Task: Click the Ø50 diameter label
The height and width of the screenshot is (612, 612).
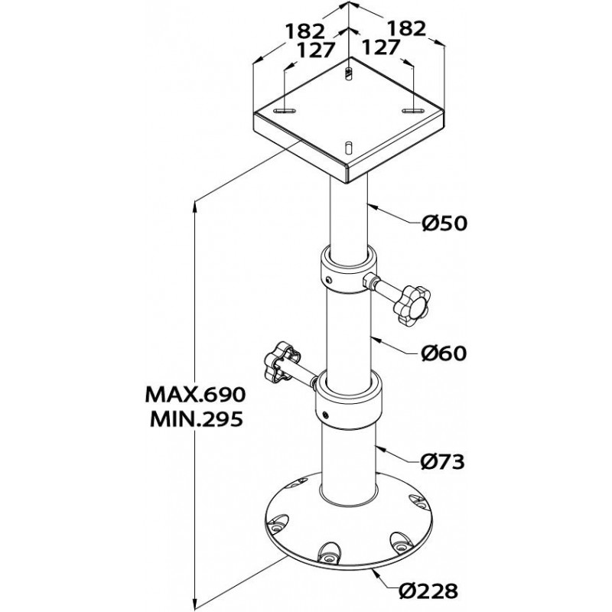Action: point(444,223)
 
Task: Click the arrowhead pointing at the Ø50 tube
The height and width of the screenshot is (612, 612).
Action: point(367,205)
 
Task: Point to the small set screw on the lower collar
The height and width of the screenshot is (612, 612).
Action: point(327,415)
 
